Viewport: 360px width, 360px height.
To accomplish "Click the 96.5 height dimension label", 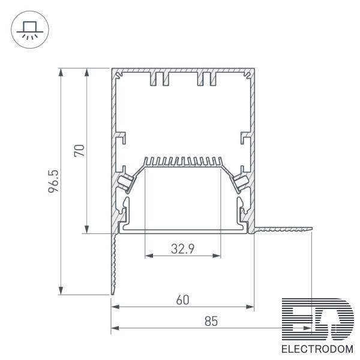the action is (x=53, y=181).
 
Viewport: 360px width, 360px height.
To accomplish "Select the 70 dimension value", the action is (x=79, y=151).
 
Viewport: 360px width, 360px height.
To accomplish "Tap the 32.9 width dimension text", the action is (x=183, y=248).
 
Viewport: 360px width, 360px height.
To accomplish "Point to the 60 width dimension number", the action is (x=183, y=300).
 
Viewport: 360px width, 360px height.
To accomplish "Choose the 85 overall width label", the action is (x=211, y=321).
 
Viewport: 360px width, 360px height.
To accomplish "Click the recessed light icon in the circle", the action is (x=30, y=30).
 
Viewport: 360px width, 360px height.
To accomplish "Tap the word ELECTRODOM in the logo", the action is (x=317, y=349).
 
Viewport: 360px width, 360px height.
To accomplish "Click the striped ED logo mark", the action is (x=318, y=319).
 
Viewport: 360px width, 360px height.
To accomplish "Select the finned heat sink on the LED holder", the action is (x=183, y=161).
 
